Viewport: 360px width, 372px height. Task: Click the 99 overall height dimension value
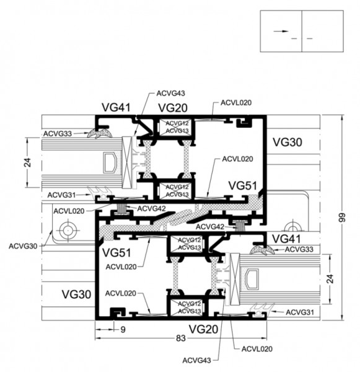coord(342,218)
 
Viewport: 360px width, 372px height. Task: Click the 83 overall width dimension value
coord(180,339)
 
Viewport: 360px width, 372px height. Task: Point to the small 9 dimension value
coord(123,330)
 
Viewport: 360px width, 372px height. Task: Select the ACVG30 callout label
coord(23,246)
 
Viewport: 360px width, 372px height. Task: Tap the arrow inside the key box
coord(281,31)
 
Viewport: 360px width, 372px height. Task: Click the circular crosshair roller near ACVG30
coord(68,231)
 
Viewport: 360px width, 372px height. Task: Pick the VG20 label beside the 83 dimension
coord(203,329)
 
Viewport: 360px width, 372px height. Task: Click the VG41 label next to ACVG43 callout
coord(116,107)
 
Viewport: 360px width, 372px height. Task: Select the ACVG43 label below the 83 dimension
coord(196,360)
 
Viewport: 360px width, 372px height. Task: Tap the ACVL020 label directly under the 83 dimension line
coord(257,349)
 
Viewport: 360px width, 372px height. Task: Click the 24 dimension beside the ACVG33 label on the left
coord(28,162)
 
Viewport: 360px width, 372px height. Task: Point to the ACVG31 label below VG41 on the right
coord(300,312)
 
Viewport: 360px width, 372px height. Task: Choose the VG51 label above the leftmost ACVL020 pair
coord(116,253)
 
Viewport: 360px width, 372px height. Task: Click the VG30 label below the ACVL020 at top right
coord(288,142)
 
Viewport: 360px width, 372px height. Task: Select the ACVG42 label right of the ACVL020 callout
coord(152,208)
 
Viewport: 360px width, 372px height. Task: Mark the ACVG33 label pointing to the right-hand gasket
coord(299,249)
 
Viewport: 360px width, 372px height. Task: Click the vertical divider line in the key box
coord(302,31)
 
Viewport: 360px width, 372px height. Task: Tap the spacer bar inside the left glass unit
coord(110,162)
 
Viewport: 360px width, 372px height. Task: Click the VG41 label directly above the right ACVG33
coord(286,239)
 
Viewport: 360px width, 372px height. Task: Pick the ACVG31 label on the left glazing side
coord(61,195)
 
